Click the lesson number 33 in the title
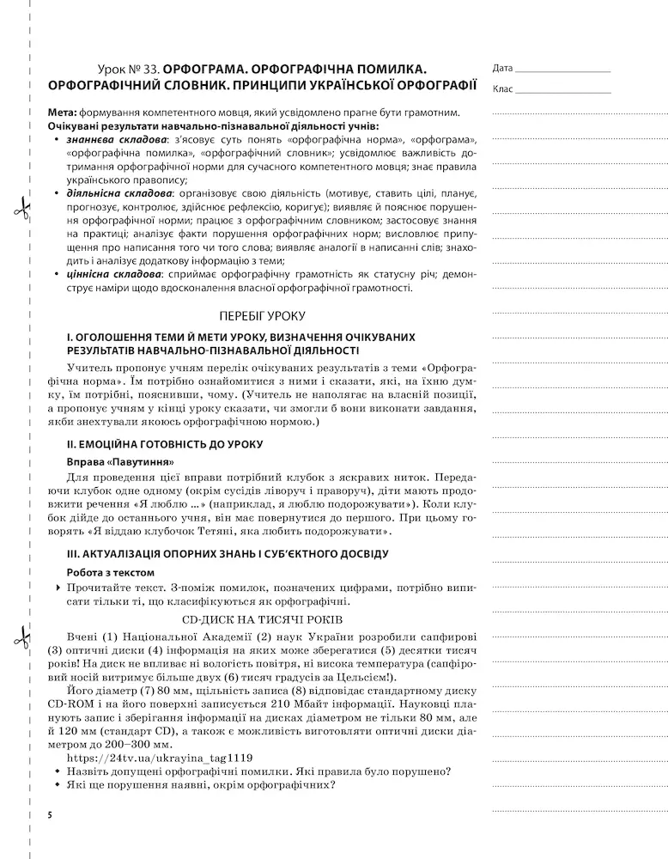point(150,68)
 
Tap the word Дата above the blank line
point(503,68)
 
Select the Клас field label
point(503,88)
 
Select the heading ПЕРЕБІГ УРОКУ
point(262,315)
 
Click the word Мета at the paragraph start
point(63,113)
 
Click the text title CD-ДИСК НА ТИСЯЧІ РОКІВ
point(262,619)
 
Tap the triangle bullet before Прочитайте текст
point(57,588)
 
